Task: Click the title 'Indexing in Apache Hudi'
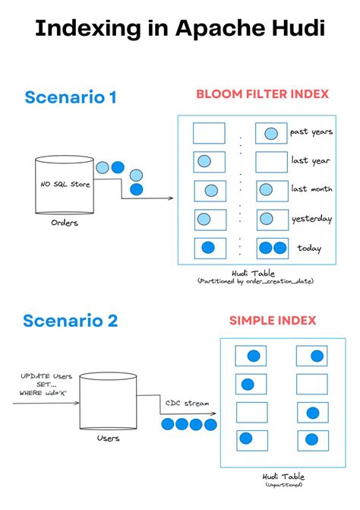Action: (180, 30)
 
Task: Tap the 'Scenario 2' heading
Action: (71, 320)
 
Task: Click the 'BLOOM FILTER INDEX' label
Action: (262, 94)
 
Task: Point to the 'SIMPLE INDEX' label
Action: (273, 321)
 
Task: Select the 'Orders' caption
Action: (65, 223)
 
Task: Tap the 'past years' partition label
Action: (311, 132)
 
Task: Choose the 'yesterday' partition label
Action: (311, 219)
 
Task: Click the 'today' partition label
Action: (309, 248)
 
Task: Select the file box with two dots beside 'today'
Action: (272, 248)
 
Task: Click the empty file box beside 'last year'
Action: (272, 161)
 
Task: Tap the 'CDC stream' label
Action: (188, 404)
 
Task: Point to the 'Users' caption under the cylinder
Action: (108, 438)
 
